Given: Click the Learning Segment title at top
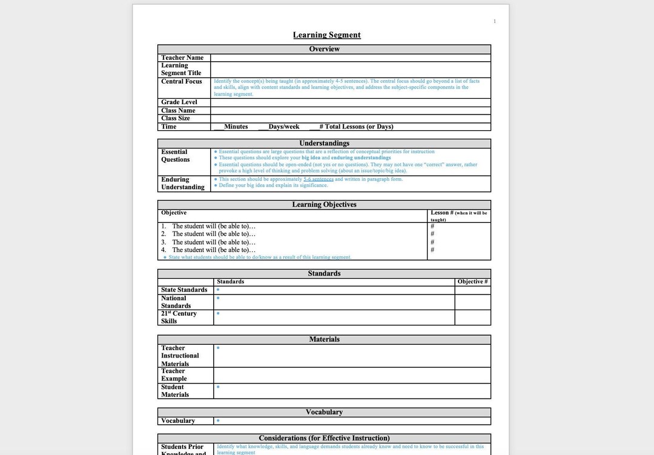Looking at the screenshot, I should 326,35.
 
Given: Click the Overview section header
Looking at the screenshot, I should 324,49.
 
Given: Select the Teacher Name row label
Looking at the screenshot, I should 182,58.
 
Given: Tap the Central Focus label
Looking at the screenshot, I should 182,81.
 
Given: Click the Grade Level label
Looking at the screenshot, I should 179,102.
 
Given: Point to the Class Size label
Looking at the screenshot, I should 176,118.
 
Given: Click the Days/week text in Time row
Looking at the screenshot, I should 283,127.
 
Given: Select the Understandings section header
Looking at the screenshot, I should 324,144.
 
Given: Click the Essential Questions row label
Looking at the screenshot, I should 175,156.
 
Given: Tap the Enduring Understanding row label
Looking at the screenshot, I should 182,184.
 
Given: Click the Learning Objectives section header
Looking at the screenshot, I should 324,205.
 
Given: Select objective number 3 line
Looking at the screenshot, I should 208,242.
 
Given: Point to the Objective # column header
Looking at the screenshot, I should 472,282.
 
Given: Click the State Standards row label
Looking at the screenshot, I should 184,290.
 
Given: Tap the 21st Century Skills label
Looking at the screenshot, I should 179,317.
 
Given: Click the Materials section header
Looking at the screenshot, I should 324,339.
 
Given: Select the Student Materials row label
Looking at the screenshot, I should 175,391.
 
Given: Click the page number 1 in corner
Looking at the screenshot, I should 494,21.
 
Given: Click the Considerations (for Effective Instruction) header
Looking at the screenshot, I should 324,438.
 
